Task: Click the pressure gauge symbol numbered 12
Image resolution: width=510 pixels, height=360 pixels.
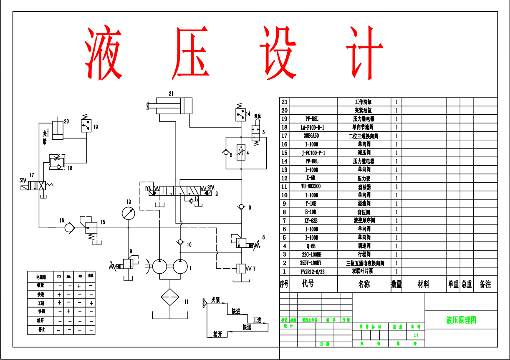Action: click(x=129, y=213)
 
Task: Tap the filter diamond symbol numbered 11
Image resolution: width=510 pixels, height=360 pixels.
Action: click(x=170, y=297)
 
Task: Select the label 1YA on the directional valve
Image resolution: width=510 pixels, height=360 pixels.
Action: click(x=147, y=189)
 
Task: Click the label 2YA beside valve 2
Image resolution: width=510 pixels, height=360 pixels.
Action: click(x=211, y=187)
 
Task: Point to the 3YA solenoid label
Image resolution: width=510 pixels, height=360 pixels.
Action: click(x=23, y=180)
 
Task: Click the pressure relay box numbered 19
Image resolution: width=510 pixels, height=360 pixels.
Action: click(x=86, y=126)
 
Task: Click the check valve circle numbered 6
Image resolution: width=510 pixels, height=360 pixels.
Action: click(x=241, y=207)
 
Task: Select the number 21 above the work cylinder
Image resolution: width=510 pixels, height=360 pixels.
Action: click(x=171, y=93)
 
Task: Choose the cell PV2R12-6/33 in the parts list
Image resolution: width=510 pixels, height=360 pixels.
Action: click(x=313, y=271)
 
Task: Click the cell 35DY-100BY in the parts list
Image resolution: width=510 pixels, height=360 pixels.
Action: click(x=313, y=263)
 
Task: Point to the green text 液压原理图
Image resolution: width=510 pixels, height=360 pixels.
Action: click(x=461, y=320)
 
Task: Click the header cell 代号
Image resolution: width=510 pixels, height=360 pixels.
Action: click(x=308, y=284)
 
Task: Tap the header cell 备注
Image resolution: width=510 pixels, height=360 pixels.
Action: click(x=485, y=284)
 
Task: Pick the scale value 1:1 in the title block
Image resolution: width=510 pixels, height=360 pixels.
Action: click(x=416, y=335)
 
